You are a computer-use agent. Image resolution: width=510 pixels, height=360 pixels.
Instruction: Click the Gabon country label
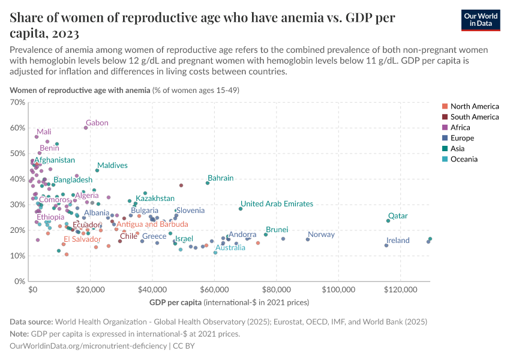[97, 123]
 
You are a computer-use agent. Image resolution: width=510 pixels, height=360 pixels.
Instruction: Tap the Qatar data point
[388, 221]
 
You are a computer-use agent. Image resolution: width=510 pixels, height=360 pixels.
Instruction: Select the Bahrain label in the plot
[220, 178]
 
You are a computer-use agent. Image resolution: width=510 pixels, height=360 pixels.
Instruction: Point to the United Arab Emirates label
[277, 204]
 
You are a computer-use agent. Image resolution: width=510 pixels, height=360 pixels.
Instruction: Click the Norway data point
[308, 239]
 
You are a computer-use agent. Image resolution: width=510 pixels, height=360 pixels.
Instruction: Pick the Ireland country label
[398, 241]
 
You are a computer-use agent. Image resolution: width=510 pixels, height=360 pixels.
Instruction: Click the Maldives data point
[97, 170]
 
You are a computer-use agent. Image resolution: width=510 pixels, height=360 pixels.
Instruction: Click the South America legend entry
[474, 117]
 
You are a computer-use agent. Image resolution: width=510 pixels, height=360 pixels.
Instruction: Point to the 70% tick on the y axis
[18, 103]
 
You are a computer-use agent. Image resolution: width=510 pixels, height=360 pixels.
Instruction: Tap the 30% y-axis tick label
[18, 205]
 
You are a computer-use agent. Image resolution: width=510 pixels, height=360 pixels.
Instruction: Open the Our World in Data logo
[481, 20]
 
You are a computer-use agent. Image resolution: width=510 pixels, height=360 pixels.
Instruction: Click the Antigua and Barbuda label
[152, 224]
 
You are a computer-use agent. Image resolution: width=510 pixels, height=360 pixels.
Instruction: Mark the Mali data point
[37, 137]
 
